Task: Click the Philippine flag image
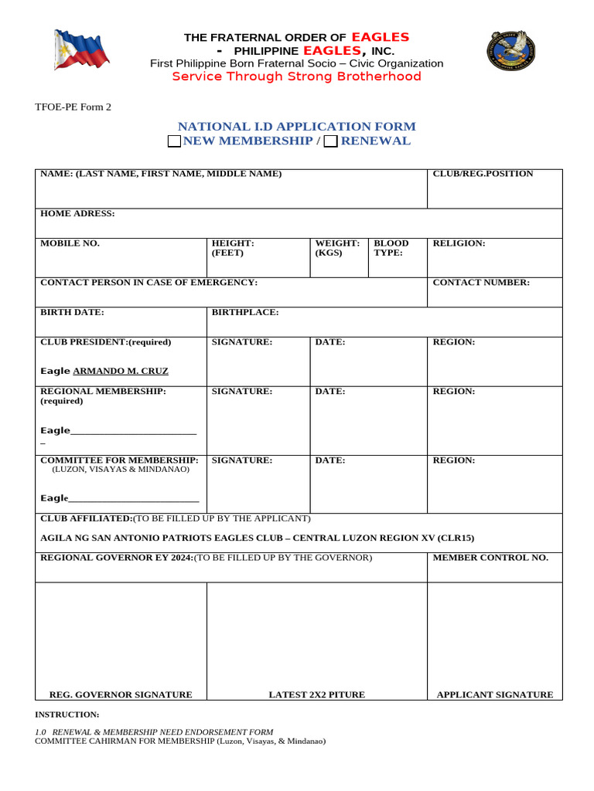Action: coord(81,49)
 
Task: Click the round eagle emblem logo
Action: coord(511,51)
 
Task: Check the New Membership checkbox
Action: coord(174,141)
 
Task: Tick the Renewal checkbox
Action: coord(330,141)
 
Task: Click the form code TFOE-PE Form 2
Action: coord(73,107)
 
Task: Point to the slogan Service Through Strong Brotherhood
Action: coord(296,76)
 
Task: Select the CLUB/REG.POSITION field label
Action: coord(483,174)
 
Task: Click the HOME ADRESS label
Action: coord(77,213)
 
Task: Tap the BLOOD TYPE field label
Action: coord(391,248)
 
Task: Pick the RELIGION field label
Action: coord(459,243)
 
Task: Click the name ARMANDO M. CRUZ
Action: coord(120,371)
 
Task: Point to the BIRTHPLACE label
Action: coord(245,312)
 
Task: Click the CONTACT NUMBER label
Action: coord(481,283)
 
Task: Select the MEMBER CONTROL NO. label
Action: coord(490,558)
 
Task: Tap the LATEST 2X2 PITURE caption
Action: coord(316,694)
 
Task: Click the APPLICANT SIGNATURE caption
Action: coord(495,694)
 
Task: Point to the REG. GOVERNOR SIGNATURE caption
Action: coord(121,694)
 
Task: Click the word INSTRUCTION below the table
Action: coord(67,715)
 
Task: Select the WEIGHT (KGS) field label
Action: coord(337,248)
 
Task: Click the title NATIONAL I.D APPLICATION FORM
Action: coord(296,126)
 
